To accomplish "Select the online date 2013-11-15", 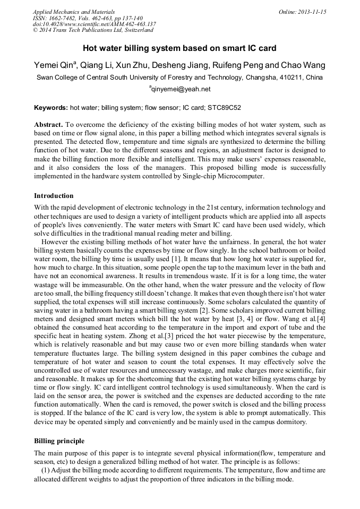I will (x=312, y=12).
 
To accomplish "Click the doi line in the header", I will (x=94, y=24).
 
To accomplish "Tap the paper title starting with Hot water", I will (x=179, y=48).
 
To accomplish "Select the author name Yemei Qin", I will (x=55, y=65).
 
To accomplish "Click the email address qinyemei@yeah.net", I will (x=181, y=89).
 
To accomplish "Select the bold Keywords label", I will (x=51, y=107).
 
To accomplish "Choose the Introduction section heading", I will (x=54, y=196).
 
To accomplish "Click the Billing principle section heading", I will (x=59, y=441).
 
